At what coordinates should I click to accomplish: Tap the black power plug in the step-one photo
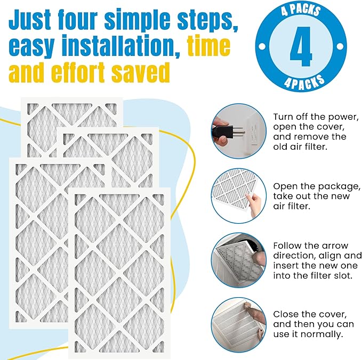221,129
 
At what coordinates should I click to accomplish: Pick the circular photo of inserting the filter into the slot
238,259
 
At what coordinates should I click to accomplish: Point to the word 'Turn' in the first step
286,117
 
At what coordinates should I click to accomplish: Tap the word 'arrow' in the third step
334,246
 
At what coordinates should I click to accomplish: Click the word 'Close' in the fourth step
287,314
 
